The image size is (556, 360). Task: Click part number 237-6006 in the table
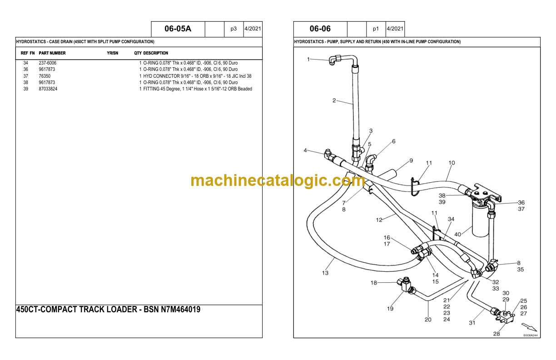coord(47,63)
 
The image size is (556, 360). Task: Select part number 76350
coord(45,76)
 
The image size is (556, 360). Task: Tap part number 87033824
coord(48,89)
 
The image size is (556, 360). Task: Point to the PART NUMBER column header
coord(52,53)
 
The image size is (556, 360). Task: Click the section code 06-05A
coord(178,29)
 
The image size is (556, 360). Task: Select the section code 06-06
coord(320,29)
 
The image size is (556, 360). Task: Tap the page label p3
coord(233,29)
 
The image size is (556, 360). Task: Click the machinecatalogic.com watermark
coord(278,180)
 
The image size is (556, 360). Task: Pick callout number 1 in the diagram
coord(308,59)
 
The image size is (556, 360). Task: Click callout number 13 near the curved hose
coord(325,273)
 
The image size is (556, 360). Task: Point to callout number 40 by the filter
coord(458,235)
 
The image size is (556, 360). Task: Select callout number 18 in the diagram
coord(373,283)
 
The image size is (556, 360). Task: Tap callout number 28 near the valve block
coord(496,334)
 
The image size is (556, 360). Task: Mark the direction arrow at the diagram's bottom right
coord(529,327)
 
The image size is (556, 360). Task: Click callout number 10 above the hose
coord(452,163)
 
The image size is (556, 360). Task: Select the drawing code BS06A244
coord(530,335)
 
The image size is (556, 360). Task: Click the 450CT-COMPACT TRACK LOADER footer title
coord(108,310)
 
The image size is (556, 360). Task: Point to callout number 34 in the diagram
coord(451,219)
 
